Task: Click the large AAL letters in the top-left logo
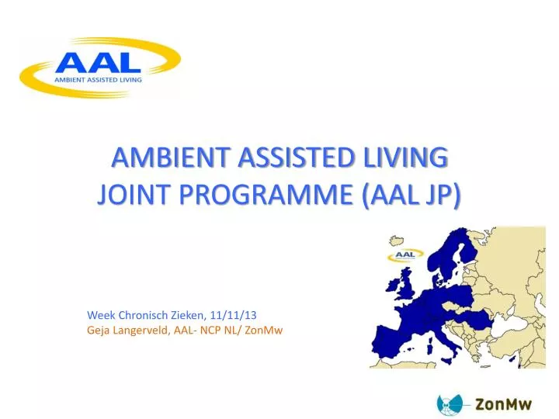98,63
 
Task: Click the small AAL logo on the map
405,255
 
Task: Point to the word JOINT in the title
133,195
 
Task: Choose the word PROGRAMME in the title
266,195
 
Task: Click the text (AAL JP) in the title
411,196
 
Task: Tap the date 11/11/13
233,315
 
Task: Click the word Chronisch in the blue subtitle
143,315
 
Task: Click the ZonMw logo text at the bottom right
503,404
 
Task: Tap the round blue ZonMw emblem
450,404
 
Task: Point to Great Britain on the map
407,284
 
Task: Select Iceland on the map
396,241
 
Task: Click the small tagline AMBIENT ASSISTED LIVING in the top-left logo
98,80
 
